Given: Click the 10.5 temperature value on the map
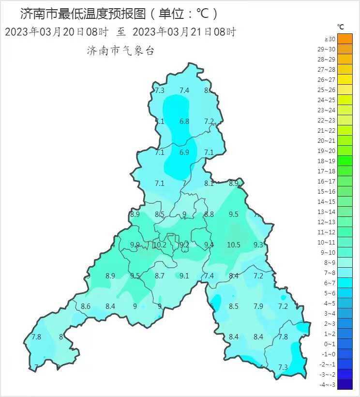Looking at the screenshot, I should [x=234, y=245].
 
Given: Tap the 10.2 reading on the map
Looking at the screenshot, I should [x=160, y=245].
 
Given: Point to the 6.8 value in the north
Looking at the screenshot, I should [x=184, y=122].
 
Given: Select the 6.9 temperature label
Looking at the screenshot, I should [x=184, y=153].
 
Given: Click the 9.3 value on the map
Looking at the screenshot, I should [x=258, y=245].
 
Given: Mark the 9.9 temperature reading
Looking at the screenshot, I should [x=135, y=245].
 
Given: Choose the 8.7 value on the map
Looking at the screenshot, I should [x=160, y=276].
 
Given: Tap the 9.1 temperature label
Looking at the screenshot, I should [x=184, y=276].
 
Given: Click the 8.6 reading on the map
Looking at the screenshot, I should [x=86, y=306].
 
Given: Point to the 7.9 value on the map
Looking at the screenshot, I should [x=258, y=306].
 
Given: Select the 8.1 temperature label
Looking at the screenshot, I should [x=209, y=183].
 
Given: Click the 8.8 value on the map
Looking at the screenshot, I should [x=209, y=214].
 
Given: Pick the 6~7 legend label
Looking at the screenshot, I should [x=330, y=283].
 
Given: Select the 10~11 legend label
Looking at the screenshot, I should [x=330, y=242].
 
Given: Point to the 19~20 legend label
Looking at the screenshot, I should [x=330, y=151].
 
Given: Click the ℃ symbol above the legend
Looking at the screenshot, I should [x=341, y=26].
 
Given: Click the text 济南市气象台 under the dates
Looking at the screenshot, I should [x=120, y=50].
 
